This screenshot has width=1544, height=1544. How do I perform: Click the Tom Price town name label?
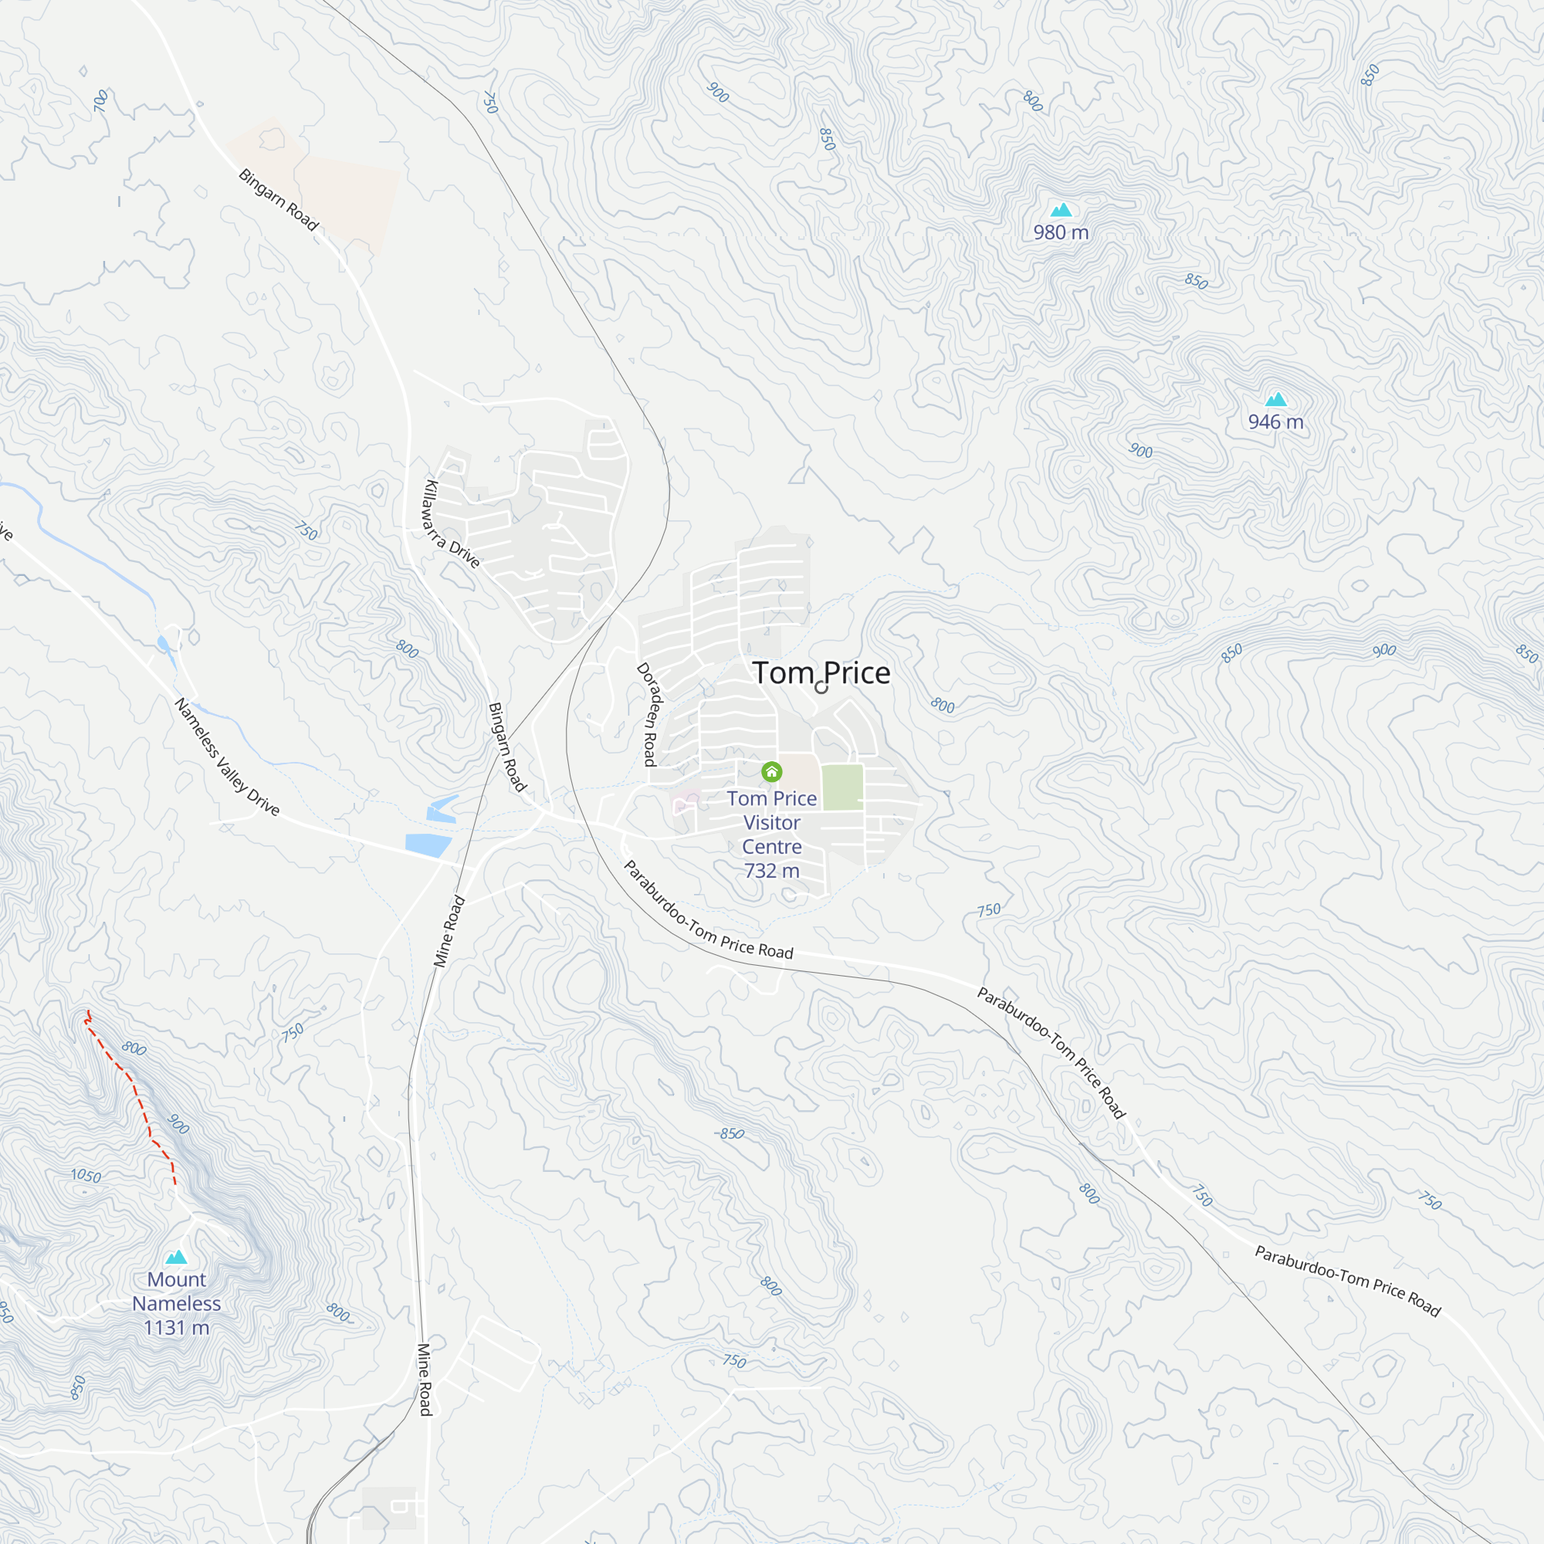(821, 673)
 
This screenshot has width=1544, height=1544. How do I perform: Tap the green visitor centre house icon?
(771, 771)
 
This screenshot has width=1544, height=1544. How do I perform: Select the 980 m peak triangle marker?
(1061, 210)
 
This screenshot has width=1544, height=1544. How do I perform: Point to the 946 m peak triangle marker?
(1275, 400)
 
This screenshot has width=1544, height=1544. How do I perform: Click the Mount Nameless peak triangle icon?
(176, 1257)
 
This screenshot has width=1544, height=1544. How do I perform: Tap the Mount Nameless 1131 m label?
(177, 1303)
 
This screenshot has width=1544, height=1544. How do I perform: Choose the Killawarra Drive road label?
(452, 524)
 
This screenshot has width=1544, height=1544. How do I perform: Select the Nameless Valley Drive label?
(227, 757)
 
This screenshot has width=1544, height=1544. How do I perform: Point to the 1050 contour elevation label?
(86, 1177)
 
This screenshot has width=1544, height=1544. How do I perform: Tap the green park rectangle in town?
(842, 787)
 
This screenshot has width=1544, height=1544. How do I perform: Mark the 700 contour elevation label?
(100, 100)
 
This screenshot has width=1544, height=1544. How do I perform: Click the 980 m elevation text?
(1061, 232)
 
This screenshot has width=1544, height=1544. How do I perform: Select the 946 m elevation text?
(1275, 422)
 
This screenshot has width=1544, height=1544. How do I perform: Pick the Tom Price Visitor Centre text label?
(771, 822)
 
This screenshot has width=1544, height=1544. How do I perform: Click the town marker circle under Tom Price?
(821, 687)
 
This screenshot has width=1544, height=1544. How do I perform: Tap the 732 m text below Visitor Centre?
(771, 871)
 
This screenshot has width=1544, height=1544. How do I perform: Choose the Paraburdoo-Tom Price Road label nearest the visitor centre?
(707, 911)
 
